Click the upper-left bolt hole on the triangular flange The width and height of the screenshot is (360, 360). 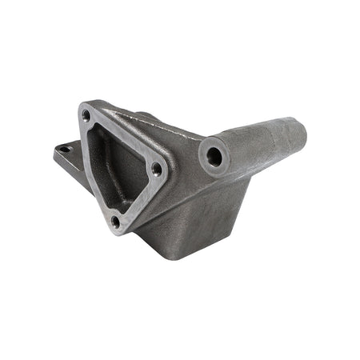coord(86,117)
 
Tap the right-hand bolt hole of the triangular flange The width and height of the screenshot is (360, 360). coord(157,169)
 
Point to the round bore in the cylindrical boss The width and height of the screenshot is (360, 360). coord(214,157)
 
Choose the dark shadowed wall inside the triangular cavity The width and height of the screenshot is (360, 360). coord(104,160)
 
